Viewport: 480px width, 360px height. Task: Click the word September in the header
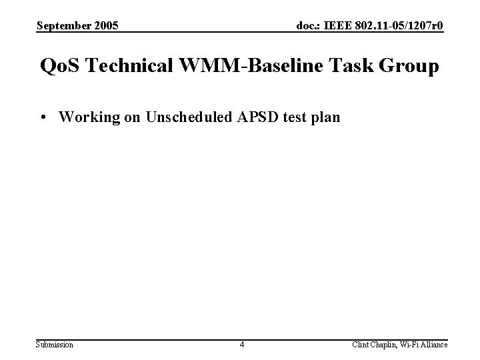point(63,26)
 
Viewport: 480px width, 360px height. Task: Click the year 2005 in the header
point(105,26)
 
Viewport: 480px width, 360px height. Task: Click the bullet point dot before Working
point(43,118)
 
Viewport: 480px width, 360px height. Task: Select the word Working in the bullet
point(85,117)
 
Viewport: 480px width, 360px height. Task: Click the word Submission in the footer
point(55,344)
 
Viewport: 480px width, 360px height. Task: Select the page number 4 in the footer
point(242,344)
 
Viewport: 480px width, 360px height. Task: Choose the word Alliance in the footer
point(433,344)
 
